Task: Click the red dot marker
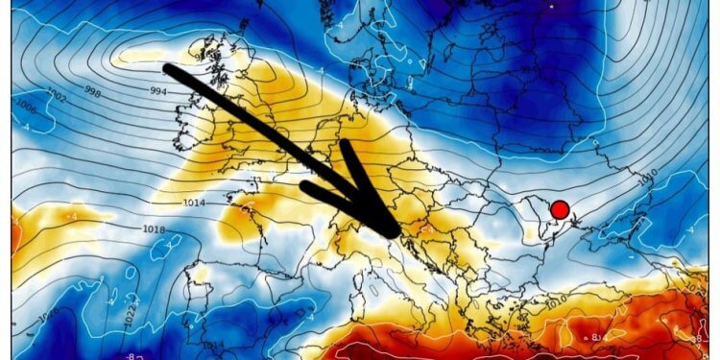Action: pos(560,210)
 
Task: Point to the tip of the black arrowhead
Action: pos(395,233)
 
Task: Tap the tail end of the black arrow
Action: pos(168,69)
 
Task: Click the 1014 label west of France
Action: pos(192,204)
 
